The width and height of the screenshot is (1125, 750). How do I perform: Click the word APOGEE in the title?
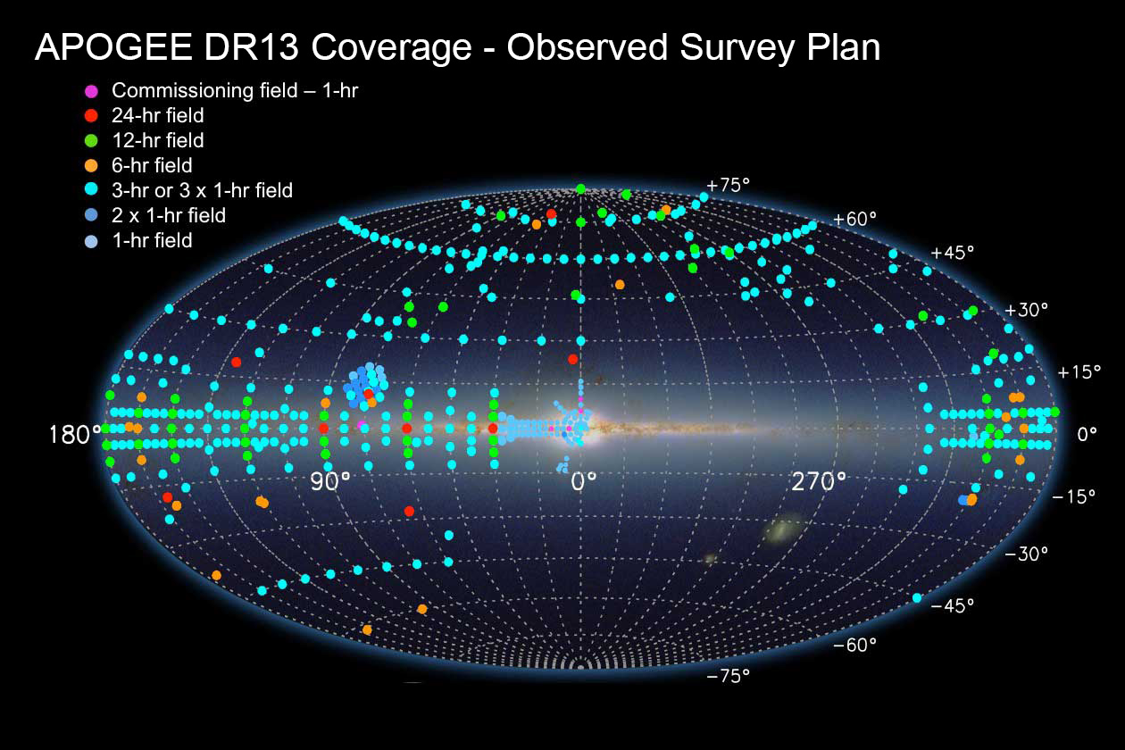pyautogui.click(x=113, y=47)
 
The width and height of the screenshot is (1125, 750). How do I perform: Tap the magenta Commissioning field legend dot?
pyautogui.click(x=91, y=91)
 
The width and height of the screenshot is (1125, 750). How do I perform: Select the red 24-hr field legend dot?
pyautogui.click(x=91, y=116)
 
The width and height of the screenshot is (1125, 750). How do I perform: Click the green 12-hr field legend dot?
pyautogui.click(x=91, y=141)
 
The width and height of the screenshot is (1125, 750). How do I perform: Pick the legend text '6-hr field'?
pyautogui.click(x=152, y=165)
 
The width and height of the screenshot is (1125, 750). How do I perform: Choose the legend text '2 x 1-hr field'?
pyautogui.click(x=169, y=215)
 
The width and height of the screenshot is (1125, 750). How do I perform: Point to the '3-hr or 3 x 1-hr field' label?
pyautogui.click(x=202, y=190)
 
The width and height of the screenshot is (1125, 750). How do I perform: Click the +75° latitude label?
pyautogui.click(x=728, y=186)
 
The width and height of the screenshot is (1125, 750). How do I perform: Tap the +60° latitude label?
pyautogui.click(x=854, y=219)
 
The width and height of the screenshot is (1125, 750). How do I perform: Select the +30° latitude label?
pyautogui.click(x=1026, y=310)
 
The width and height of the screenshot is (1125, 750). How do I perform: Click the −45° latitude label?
pyautogui.click(x=952, y=606)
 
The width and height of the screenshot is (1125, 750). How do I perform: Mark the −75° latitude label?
pyautogui.click(x=728, y=676)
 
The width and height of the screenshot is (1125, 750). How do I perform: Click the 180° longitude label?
pyautogui.click(x=75, y=435)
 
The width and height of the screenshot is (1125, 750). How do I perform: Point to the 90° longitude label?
pyautogui.click(x=330, y=482)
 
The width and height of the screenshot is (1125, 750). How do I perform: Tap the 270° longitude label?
pyautogui.click(x=819, y=482)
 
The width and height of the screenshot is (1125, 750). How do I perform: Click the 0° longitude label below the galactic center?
pyautogui.click(x=584, y=482)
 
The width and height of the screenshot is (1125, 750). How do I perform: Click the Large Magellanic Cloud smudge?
pyautogui.click(x=781, y=530)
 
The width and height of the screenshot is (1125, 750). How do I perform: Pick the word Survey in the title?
pyautogui.click(x=737, y=48)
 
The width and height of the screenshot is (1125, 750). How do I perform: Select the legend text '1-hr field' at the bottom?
pyautogui.click(x=152, y=240)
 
